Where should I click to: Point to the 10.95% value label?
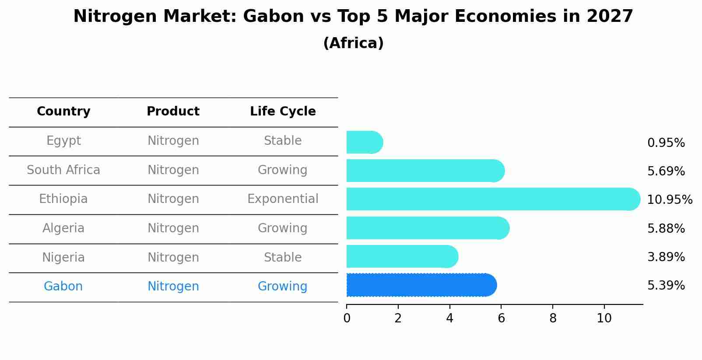point(669,200)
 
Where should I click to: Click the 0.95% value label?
point(666,143)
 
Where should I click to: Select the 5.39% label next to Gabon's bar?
point(666,286)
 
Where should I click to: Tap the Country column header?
point(63,112)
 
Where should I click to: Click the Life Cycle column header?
point(283,112)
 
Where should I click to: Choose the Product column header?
point(173,112)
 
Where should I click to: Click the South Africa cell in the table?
point(63,170)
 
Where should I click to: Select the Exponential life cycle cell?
point(283,199)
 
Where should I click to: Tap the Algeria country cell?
point(63,228)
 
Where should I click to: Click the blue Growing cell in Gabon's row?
point(282,287)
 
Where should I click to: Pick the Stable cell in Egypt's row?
point(283,141)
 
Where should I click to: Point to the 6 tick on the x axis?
point(501,318)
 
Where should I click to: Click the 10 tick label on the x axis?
point(604,318)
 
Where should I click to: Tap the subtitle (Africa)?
point(353,43)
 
